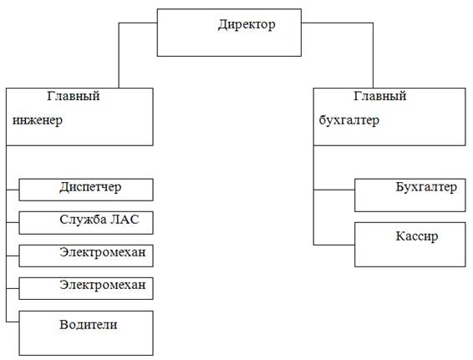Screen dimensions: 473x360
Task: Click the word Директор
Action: (247, 25)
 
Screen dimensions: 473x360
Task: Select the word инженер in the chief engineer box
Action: (38, 120)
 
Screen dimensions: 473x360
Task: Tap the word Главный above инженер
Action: (74, 96)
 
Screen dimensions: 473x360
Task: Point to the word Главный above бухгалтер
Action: (380, 96)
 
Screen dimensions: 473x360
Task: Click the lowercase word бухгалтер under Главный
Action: (349, 120)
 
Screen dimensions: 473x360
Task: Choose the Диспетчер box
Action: (86, 190)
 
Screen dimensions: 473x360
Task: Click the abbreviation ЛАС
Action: (125, 220)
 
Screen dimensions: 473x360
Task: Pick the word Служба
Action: (83, 220)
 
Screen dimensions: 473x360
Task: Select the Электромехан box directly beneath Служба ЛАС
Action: (86, 256)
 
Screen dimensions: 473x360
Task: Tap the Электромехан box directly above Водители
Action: (86, 288)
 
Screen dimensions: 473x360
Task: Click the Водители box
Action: (86, 333)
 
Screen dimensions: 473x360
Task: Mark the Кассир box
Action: (410, 245)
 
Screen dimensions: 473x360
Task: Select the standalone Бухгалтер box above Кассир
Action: (410, 195)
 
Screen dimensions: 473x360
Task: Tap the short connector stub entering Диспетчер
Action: (13, 190)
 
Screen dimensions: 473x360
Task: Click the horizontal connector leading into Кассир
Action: (334, 245)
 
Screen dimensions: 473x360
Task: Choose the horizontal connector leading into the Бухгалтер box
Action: (334, 190)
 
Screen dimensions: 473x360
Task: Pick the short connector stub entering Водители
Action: (13, 322)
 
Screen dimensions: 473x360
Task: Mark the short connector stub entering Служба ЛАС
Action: (13, 223)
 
